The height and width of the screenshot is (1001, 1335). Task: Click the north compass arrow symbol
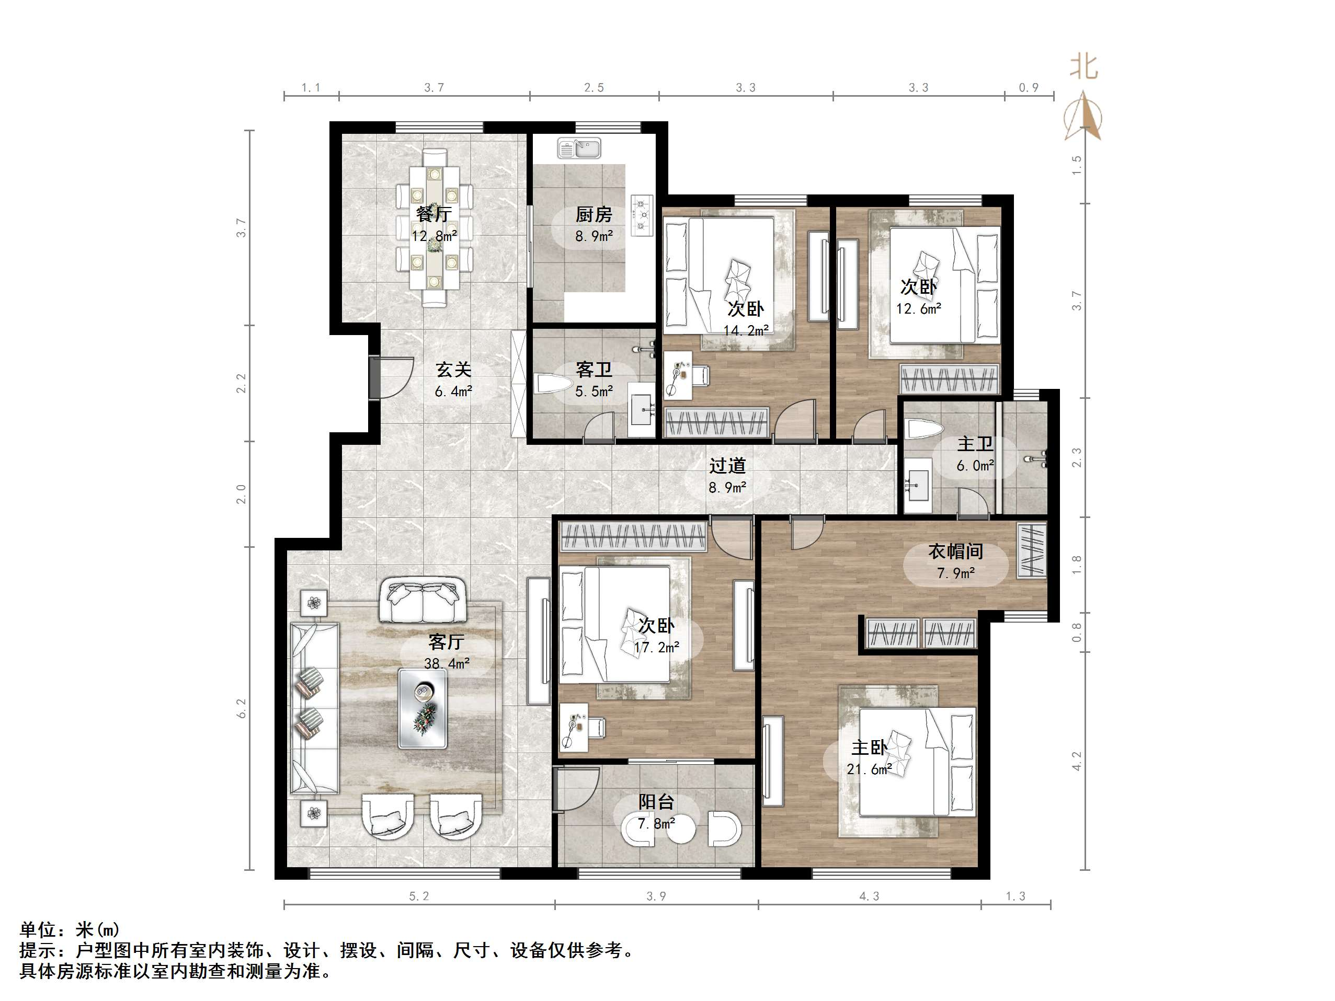pos(1084,116)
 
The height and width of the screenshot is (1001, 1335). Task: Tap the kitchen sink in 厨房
pos(579,148)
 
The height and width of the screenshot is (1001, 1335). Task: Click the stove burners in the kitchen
pos(642,214)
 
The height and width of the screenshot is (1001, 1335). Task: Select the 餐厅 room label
pos(434,214)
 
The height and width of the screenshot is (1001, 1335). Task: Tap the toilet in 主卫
pos(924,430)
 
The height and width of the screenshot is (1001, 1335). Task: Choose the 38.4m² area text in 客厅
pos(447,664)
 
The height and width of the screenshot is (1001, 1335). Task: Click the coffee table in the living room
pos(423,708)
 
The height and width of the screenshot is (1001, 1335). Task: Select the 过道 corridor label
pos(727,465)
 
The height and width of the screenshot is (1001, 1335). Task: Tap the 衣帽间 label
pos(955,551)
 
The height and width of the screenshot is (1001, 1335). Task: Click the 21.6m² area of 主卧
pos(869,769)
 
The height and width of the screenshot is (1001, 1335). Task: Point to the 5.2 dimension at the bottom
pos(419,896)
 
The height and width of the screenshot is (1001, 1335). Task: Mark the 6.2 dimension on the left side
pos(242,708)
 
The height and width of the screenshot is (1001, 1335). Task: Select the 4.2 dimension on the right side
pos(1077,761)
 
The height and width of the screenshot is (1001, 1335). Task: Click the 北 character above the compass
pos(1084,66)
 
